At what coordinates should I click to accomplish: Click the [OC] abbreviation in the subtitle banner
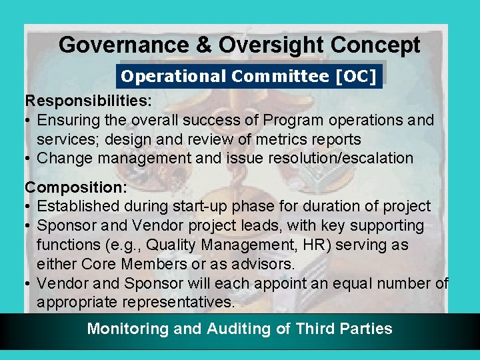click(x=357, y=77)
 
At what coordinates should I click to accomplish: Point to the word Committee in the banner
click(x=280, y=77)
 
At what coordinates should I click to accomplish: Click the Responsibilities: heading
click(x=88, y=101)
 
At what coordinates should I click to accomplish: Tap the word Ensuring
click(x=67, y=121)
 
